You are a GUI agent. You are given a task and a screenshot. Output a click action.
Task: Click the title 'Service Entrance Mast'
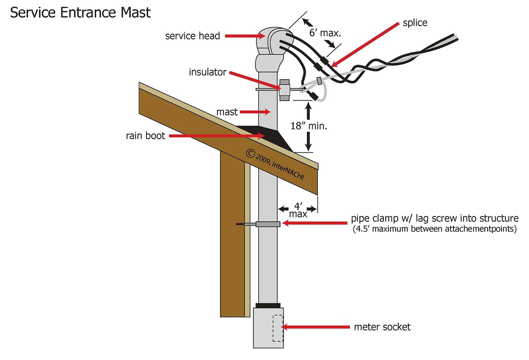80,13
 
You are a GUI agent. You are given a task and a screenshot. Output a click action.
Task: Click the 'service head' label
192,36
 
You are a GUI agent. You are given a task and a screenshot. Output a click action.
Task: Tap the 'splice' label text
415,23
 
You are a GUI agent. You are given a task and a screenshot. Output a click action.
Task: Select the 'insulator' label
207,72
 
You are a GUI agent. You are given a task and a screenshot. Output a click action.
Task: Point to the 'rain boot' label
145,136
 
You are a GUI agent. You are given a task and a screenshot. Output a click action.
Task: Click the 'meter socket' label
382,327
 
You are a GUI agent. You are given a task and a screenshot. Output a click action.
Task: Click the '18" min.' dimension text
309,126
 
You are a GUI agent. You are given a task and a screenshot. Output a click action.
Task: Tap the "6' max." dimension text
325,33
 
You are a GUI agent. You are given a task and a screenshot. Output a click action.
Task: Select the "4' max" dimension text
298,210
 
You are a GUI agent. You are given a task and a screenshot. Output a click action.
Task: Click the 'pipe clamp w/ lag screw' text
435,218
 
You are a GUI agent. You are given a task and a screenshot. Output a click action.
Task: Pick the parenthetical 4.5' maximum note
435,229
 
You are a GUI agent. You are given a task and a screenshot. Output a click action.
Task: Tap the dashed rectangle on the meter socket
278,328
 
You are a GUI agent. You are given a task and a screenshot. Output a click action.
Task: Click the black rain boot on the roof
276,138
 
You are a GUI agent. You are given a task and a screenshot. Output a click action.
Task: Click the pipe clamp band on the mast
268,224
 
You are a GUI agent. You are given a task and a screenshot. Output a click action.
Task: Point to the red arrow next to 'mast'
255,112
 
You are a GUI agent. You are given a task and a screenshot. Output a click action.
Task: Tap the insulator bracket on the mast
284,90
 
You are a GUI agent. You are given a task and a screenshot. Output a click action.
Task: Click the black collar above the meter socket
268,305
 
